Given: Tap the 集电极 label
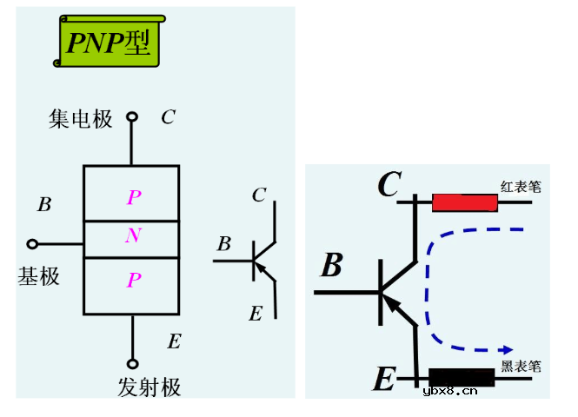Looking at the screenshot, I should (x=81, y=119).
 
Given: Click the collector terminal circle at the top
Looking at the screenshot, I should (x=132, y=116).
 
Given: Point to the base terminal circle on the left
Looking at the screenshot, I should (x=33, y=244).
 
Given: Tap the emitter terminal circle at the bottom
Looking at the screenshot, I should (x=132, y=364).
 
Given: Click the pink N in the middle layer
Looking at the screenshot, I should (x=132, y=235).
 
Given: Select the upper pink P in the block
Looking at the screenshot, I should (x=133, y=198).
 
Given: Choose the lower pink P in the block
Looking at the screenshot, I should (x=133, y=280).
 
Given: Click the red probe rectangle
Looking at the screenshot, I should (x=465, y=202).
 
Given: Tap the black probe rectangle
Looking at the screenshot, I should (x=462, y=377).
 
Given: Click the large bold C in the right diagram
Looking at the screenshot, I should (x=389, y=184).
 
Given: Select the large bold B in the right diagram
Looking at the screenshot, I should (x=331, y=266).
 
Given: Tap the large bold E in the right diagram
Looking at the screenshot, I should (x=383, y=379).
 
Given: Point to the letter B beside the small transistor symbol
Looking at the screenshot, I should (x=224, y=244).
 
